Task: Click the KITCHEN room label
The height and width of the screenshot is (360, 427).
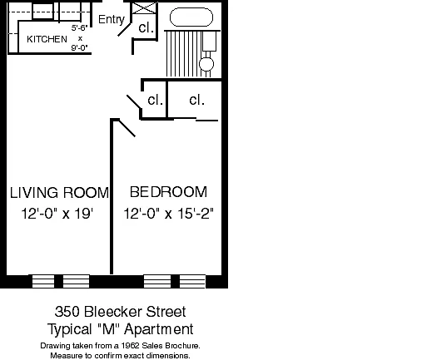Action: tap(47, 39)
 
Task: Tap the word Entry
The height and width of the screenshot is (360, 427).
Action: tap(112, 19)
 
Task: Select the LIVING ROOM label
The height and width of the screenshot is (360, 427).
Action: tap(59, 193)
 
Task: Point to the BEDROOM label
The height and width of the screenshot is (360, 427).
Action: tap(168, 192)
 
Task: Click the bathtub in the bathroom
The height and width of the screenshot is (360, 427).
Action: tap(191, 17)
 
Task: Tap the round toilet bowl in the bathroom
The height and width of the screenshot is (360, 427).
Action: tap(206, 64)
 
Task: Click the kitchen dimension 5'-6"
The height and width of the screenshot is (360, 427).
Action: tap(79, 28)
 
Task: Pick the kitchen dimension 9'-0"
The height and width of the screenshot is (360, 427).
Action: tap(79, 48)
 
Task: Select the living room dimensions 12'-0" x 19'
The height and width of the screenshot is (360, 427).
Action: tap(57, 214)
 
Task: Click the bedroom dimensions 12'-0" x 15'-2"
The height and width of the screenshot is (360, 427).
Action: tap(168, 214)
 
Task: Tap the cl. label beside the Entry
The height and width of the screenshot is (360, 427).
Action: tap(146, 27)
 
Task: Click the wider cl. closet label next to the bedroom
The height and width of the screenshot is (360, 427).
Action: tap(196, 100)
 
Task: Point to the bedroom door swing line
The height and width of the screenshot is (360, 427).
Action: tap(127, 128)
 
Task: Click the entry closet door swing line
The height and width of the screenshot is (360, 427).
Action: tap(124, 30)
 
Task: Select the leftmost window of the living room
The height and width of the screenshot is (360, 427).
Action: tap(43, 281)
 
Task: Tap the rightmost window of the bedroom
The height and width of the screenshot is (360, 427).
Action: tap(192, 281)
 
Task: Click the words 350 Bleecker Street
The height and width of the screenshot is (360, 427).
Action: tap(120, 312)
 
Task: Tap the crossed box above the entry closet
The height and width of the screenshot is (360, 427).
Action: tap(144, 8)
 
